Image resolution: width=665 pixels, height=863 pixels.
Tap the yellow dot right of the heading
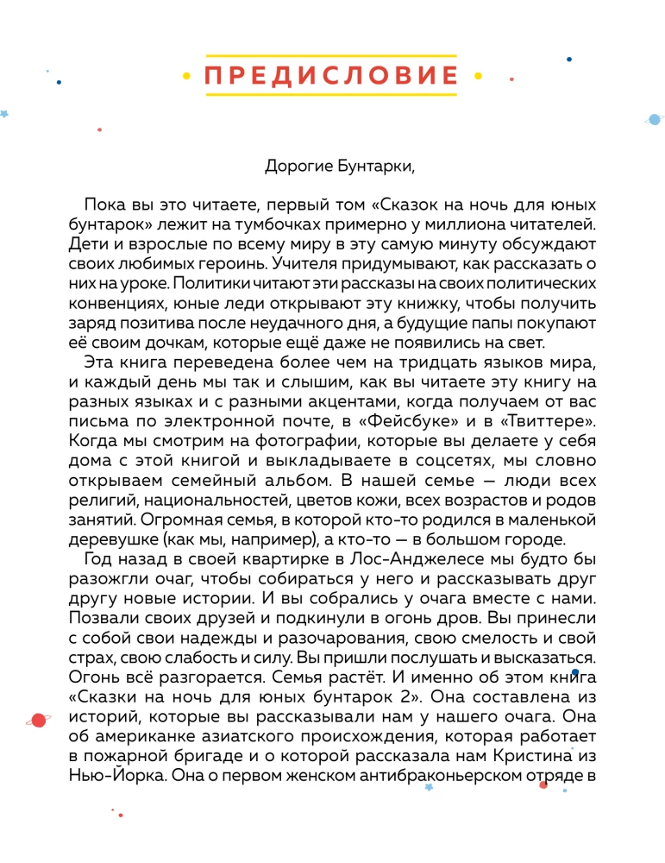[478, 76]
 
